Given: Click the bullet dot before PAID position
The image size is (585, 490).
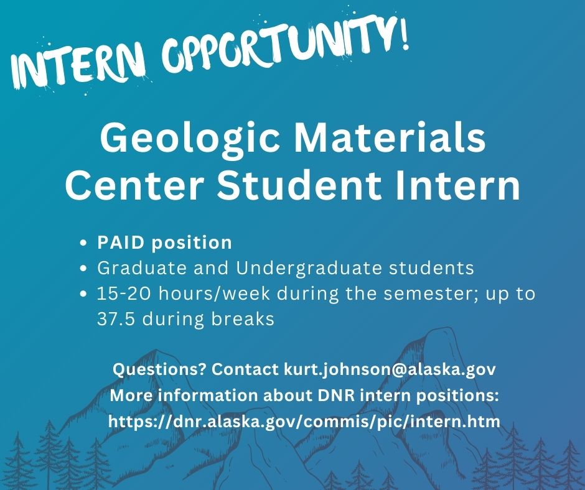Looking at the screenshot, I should (85, 243).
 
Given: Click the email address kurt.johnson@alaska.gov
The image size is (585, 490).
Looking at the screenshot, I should (390, 369).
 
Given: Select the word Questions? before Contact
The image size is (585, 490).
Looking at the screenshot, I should (159, 369).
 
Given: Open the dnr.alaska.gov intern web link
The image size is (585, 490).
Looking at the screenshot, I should (304, 422).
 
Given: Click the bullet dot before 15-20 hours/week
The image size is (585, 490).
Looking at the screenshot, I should (85, 294).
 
